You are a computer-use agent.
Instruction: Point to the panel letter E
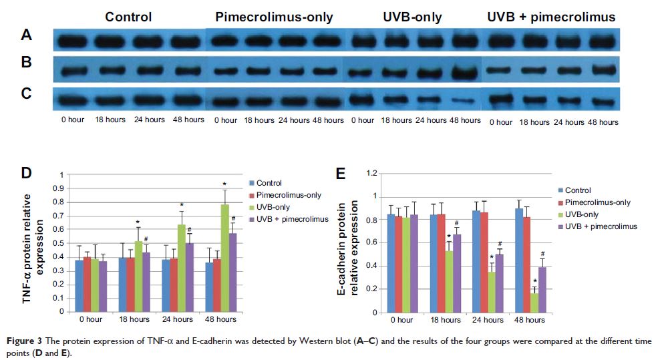(x=341, y=175)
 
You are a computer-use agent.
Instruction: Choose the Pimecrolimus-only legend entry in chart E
(x=595, y=202)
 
